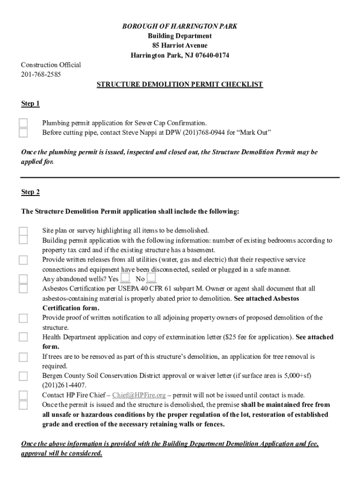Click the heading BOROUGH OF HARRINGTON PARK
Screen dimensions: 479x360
(180, 26)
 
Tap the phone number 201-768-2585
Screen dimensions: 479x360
(41, 74)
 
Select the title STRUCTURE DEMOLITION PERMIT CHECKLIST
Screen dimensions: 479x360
(180, 85)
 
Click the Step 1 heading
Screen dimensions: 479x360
(30, 103)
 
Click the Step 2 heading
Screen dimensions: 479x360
(30, 192)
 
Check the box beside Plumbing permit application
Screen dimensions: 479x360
(23, 123)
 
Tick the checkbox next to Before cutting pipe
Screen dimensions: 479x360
(23, 133)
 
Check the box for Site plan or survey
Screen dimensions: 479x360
(23, 231)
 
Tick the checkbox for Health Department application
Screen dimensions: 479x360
(23, 337)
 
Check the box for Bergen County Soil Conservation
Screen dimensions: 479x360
(23, 376)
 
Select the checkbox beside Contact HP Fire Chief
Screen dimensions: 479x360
(23, 395)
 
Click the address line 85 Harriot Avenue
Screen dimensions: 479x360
(180, 46)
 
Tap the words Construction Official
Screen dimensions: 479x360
(51, 65)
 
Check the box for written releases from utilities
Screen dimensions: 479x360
(23, 260)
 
